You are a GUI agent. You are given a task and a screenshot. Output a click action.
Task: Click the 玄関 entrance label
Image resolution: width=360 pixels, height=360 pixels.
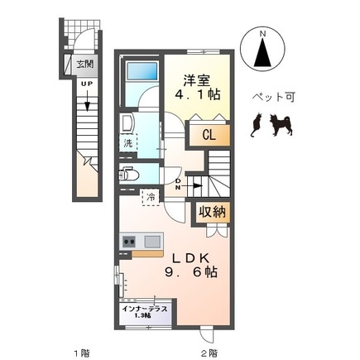click(84, 62)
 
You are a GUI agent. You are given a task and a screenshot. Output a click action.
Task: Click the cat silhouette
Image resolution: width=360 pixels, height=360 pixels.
click(257, 124)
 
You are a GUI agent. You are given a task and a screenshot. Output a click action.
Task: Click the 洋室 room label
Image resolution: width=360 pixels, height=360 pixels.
click(195, 79)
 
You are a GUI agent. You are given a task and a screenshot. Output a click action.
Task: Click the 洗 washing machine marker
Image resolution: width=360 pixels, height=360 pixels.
click(128, 143)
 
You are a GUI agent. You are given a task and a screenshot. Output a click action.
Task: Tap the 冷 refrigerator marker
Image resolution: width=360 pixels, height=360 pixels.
click(151, 196)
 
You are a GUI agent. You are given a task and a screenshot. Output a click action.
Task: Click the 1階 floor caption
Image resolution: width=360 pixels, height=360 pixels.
click(80, 352)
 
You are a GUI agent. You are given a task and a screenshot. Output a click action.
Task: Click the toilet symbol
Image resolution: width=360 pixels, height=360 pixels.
click(131, 175)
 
